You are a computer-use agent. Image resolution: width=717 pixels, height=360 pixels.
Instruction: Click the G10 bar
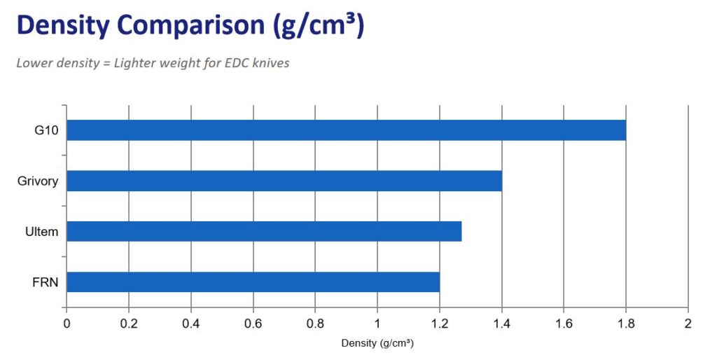346,130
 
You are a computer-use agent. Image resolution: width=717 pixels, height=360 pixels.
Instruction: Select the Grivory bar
284,181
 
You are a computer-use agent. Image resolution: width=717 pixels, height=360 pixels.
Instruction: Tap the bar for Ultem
264,231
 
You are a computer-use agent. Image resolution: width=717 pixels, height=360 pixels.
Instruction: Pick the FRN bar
253,282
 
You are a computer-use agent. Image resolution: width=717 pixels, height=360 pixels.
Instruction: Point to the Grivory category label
38,181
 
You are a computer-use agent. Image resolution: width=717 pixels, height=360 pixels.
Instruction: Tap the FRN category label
46,282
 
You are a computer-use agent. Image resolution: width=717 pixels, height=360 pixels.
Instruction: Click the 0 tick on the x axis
67,324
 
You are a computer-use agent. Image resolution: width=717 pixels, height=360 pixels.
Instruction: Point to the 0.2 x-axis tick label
129,324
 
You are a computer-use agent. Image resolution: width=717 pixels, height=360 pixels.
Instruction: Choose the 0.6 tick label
253,324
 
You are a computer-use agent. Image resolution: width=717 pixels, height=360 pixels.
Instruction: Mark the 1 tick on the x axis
377,324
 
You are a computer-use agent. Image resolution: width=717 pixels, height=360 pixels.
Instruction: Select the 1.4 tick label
501,324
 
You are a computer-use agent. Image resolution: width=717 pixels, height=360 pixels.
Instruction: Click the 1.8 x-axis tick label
626,324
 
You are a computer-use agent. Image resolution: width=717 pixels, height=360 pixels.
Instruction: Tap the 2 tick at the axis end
688,324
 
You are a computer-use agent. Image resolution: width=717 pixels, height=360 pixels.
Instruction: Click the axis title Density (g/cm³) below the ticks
377,343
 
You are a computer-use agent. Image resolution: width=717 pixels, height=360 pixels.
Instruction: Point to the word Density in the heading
62,25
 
